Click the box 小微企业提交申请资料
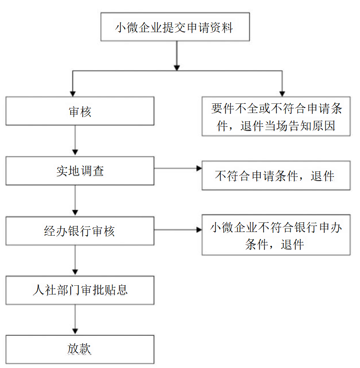pyautogui.click(x=175, y=28)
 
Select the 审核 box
pyautogui.click(x=80, y=111)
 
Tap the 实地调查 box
pyautogui.click(x=80, y=171)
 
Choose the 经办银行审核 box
pyautogui.click(x=80, y=231)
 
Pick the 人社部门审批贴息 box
pyautogui.click(x=80, y=290)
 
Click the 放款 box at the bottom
pyautogui.click(x=80, y=349)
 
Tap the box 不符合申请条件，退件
pyautogui.click(x=276, y=176)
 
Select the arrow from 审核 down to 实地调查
pyautogui.click(x=75, y=140)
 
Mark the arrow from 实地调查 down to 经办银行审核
pyautogui.click(x=75, y=200)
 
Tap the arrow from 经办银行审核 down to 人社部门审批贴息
pyautogui.click(x=75, y=260)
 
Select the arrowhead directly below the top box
pyautogui.click(x=176, y=67)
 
